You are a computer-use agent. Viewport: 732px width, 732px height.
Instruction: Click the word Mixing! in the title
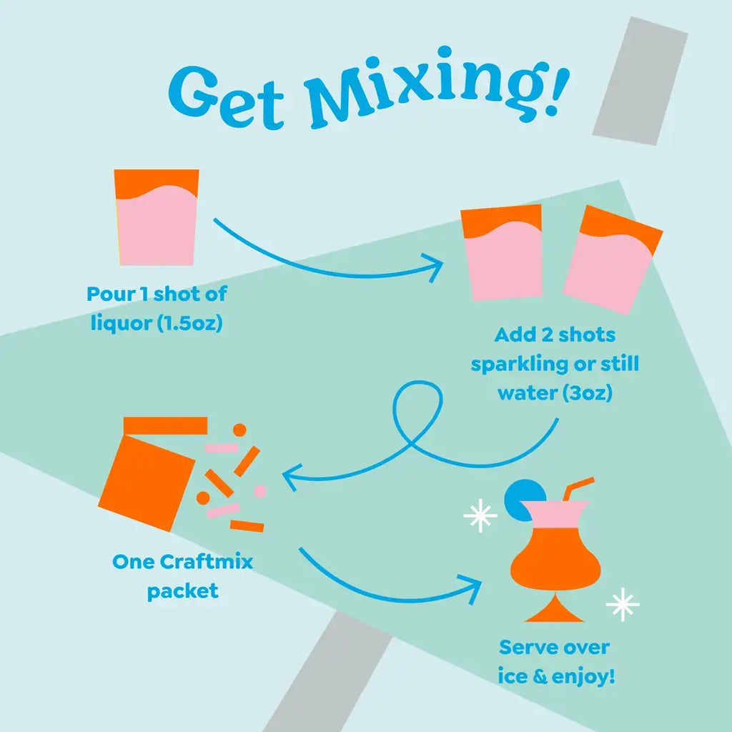[435, 88]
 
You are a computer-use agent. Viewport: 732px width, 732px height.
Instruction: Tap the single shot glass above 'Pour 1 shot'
[157, 217]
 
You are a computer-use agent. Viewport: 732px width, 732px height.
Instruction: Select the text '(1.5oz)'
[189, 322]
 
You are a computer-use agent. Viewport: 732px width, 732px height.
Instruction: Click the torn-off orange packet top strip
[165, 426]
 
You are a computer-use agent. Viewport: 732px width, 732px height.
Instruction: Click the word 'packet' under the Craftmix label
[182, 592]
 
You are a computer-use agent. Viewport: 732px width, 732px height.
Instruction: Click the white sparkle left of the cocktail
[480, 517]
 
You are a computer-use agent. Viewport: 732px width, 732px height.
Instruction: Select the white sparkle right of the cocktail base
[622, 605]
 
